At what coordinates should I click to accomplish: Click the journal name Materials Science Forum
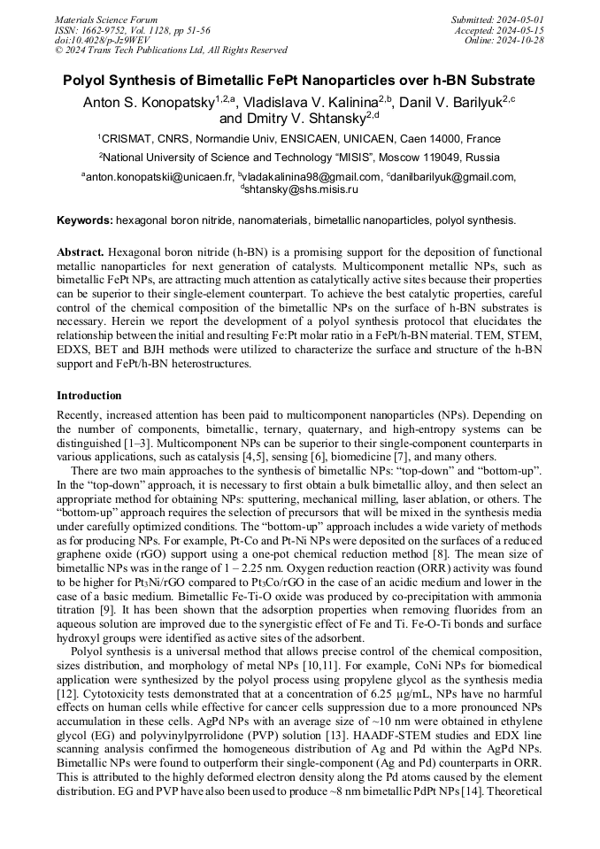[x=106, y=19]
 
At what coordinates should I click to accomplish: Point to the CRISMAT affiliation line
[x=299, y=139]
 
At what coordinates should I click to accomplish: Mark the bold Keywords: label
[x=85, y=220]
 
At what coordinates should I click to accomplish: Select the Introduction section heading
[x=89, y=396]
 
